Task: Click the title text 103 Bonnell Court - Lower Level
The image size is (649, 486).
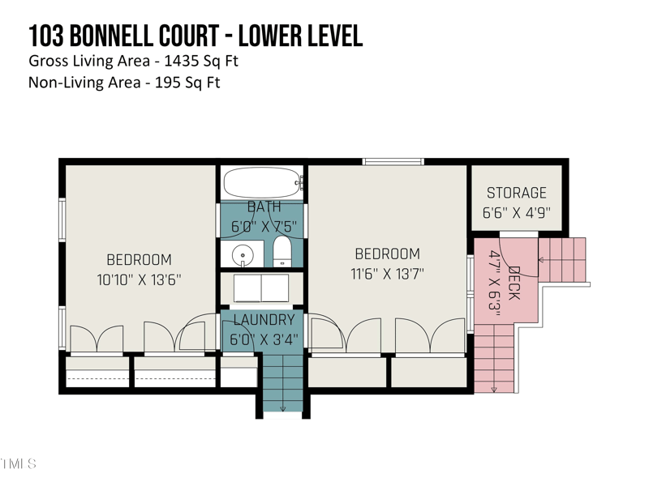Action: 196,36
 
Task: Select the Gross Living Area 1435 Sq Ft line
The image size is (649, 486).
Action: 133,62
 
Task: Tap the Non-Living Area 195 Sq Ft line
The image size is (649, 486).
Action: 124,82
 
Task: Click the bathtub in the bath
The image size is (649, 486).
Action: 262,183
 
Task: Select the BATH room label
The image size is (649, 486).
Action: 263,207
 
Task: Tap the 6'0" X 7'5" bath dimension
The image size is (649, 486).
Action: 263,227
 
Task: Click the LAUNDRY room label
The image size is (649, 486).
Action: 263,321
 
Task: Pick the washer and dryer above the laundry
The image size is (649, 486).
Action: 262,288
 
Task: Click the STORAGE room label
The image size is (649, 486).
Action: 517,194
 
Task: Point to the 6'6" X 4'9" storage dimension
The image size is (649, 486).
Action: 517,213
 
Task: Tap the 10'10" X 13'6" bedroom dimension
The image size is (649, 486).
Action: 140,279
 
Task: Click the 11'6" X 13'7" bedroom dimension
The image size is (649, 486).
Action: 387,274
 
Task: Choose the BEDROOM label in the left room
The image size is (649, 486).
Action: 140,260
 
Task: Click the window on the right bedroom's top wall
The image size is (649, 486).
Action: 393,162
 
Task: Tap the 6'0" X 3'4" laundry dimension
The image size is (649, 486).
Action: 263,339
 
